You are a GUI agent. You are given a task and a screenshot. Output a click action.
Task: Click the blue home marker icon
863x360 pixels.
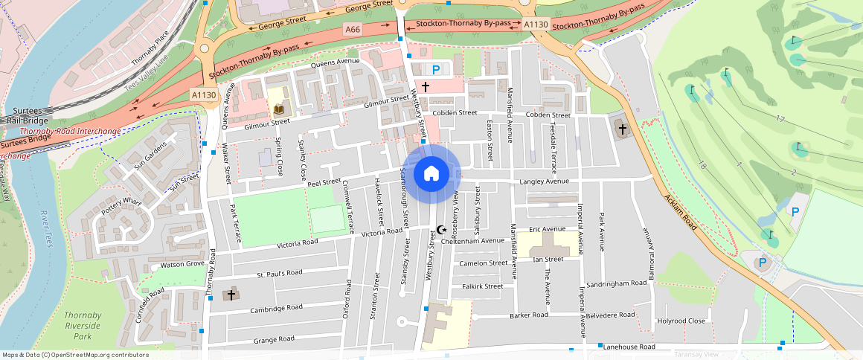tap(431, 174)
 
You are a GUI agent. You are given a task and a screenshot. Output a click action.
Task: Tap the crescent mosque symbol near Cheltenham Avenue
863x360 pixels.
tap(440, 230)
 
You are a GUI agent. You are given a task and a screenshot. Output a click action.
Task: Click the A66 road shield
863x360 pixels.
tap(353, 28)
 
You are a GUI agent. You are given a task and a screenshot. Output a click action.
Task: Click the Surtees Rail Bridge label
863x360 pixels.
tap(26, 115)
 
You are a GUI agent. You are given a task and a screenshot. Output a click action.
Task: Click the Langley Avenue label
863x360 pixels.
tap(544, 181)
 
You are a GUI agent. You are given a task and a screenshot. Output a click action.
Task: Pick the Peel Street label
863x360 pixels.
tap(324, 181)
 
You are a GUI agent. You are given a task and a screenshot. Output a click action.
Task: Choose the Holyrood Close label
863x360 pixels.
tap(681, 321)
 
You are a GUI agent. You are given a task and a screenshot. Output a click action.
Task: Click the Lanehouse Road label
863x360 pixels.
tap(629, 347)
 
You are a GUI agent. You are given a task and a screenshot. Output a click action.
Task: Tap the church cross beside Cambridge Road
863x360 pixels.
tap(231, 295)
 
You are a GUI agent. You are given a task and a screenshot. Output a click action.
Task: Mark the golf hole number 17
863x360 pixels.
tap(780, 119)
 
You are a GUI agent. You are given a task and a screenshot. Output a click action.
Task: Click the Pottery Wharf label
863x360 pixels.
tap(122, 206)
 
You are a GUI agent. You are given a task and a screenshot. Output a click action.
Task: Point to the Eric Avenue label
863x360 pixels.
tap(548, 229)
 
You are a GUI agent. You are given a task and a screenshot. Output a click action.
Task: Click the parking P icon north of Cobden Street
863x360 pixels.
tap(436, 69)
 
